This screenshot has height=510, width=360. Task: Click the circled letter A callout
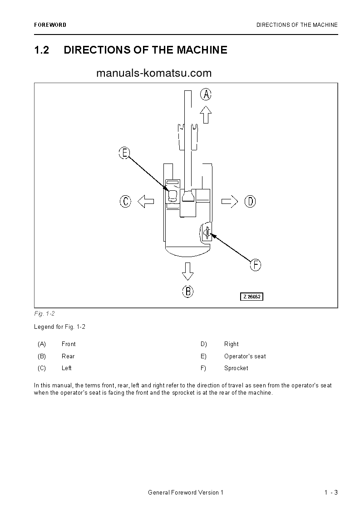point(206,94)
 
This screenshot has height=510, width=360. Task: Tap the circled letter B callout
point(188,291)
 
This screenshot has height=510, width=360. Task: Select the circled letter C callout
point(125,201)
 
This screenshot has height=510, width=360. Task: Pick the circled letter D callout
point(250,201)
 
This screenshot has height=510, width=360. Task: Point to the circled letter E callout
point(124,153)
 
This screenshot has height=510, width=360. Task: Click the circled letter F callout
point(256,265)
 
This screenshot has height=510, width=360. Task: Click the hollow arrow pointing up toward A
point(206,114)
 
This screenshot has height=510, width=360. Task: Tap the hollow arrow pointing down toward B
point(187,271)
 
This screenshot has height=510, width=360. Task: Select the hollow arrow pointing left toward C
point(146,201)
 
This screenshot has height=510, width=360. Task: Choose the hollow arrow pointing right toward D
point(230,201)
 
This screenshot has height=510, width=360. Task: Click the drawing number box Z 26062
point(252,297)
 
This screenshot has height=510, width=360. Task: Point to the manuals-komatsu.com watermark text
point(154,73)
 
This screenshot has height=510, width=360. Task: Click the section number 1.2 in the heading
point(41,50)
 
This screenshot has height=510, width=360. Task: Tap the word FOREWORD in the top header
point(50,25)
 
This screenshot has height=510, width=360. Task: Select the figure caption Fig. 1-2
point(44,313)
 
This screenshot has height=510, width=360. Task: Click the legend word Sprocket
point(236,368)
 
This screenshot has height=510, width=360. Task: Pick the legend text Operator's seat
point(245,356)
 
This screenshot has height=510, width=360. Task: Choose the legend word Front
point(69,344)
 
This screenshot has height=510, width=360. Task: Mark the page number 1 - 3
point(331,493)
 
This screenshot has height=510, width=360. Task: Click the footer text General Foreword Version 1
point(186,493)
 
